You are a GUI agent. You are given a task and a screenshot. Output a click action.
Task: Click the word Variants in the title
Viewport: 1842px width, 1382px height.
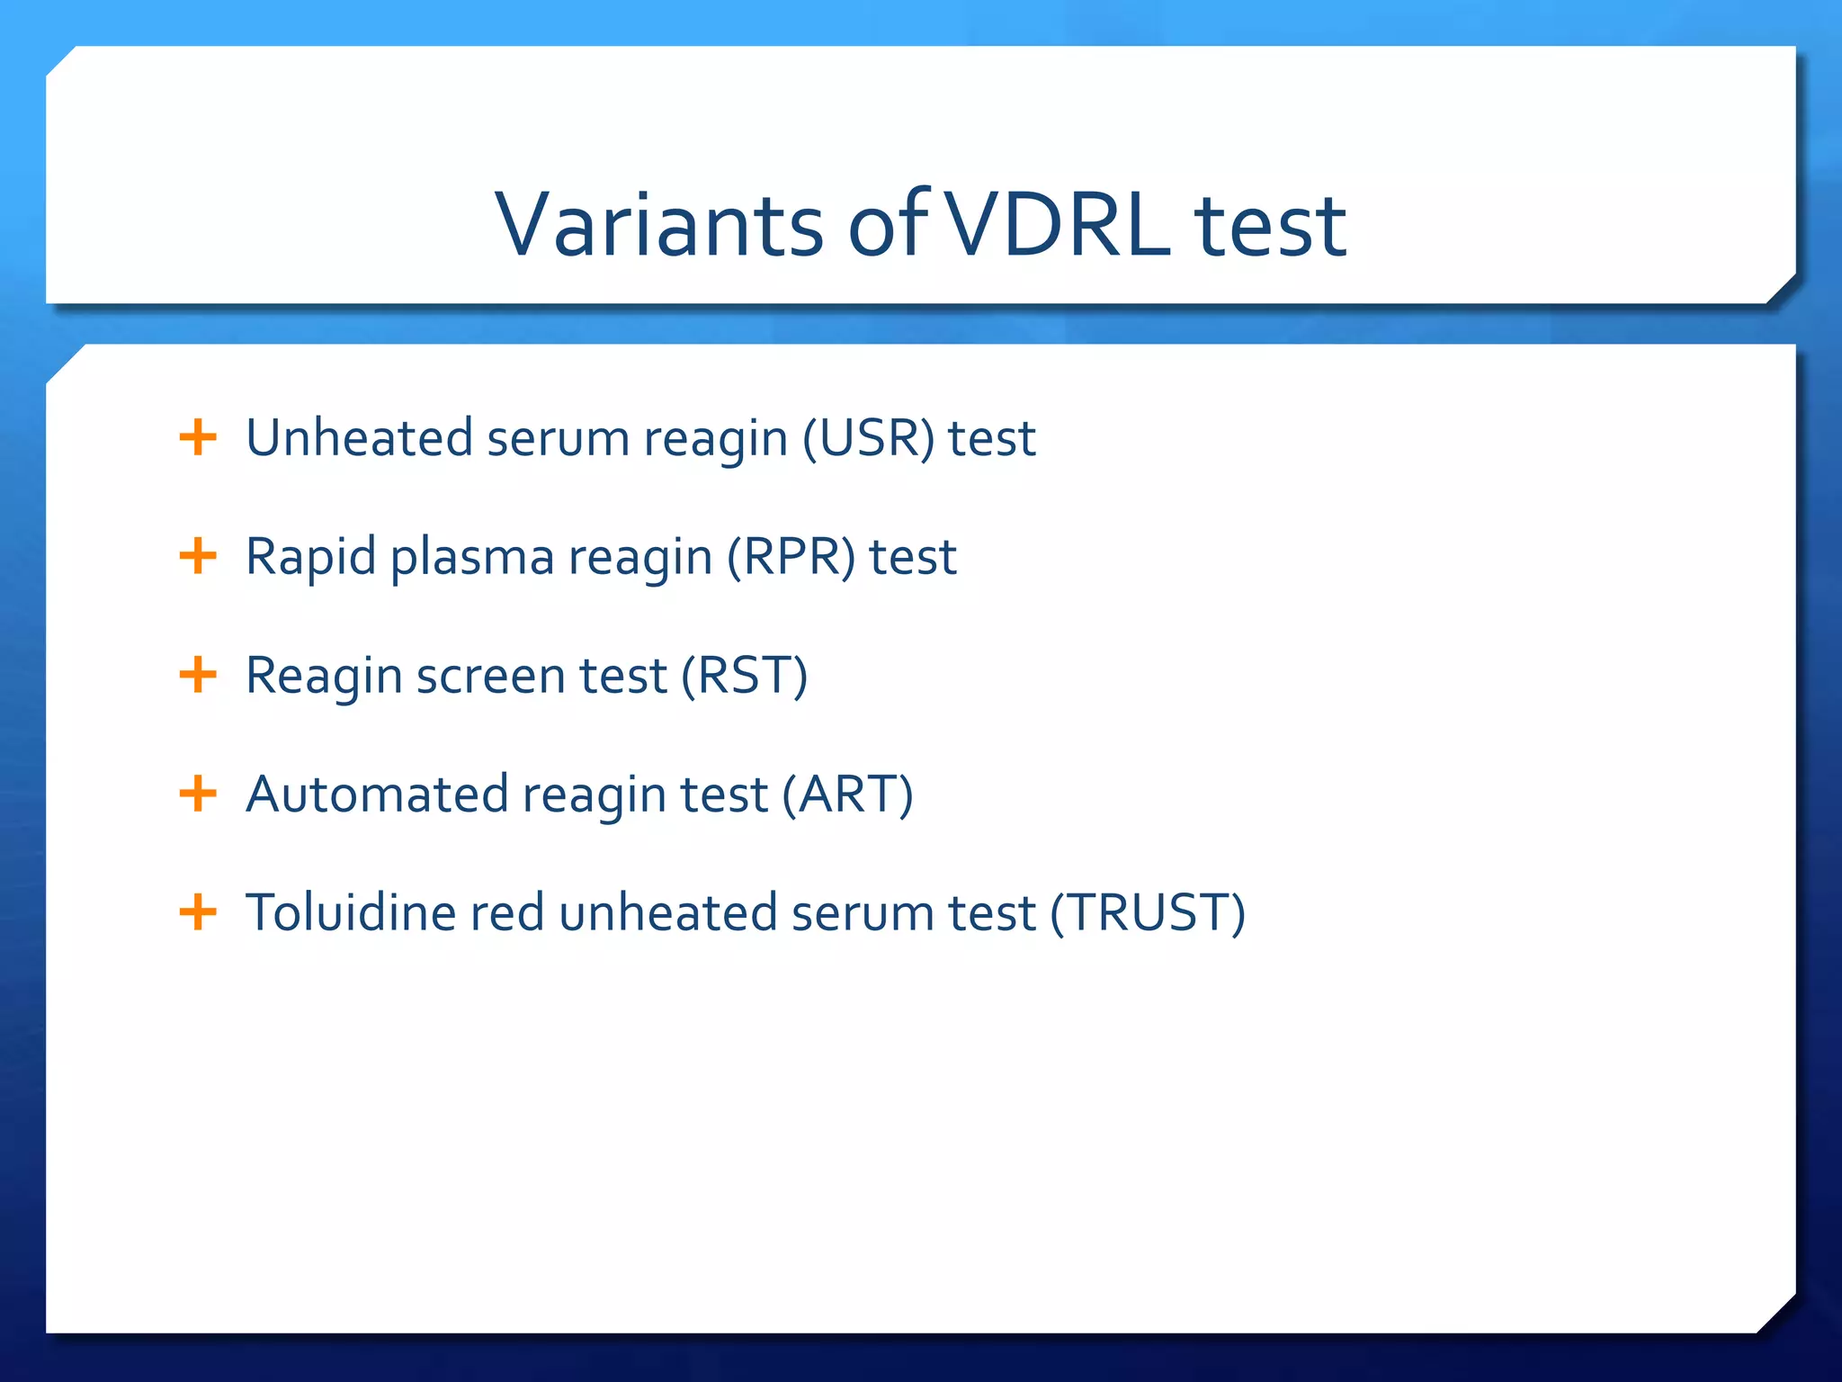659,225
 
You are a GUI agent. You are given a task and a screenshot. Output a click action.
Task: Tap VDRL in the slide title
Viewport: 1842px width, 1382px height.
1059,225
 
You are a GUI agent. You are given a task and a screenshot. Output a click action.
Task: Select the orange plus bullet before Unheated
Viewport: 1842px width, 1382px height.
198,438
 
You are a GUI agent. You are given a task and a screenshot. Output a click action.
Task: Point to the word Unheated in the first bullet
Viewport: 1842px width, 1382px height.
360,438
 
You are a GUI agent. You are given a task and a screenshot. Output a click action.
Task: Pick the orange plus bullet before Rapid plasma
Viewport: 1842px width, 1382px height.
198,556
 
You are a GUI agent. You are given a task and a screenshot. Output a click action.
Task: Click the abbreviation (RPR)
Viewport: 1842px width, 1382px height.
791,557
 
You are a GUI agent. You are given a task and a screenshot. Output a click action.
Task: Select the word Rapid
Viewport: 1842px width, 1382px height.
310,557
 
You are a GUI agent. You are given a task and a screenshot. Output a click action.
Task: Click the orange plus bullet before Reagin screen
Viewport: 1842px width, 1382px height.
198,675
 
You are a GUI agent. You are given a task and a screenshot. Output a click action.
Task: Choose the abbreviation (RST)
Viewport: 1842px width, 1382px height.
745,676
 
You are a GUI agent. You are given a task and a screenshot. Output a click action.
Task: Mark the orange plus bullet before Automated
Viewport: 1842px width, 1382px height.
198,794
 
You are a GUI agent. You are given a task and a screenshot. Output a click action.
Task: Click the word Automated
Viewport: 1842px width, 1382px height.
377,794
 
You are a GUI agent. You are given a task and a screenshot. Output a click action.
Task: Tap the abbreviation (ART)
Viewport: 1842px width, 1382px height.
847,794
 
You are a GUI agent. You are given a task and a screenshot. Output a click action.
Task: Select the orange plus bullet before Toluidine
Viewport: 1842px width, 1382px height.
198,912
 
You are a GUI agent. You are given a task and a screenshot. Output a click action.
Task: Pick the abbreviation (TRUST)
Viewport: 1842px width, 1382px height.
1148,913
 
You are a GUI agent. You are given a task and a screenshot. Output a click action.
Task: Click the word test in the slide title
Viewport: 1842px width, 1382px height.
1270,225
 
